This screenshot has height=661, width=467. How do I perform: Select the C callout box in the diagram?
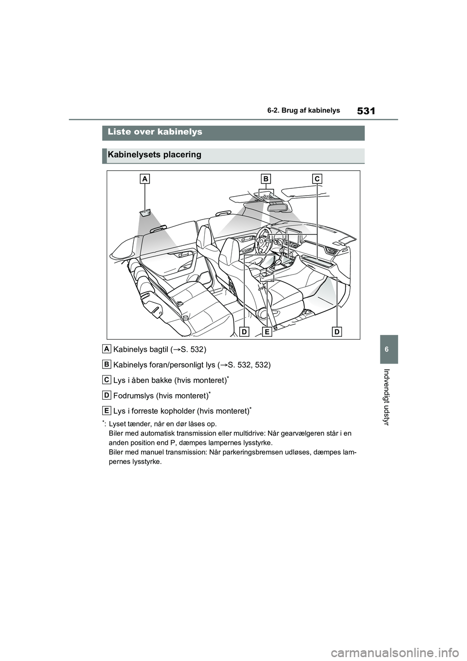coord(317,179)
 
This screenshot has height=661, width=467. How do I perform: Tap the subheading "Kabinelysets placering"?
coord(154,155)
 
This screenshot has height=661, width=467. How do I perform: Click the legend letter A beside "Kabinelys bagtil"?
coord(107,349)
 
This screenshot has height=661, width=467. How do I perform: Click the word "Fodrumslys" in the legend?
coord(134,395)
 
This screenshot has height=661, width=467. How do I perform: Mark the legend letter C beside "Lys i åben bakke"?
coord(107,379)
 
